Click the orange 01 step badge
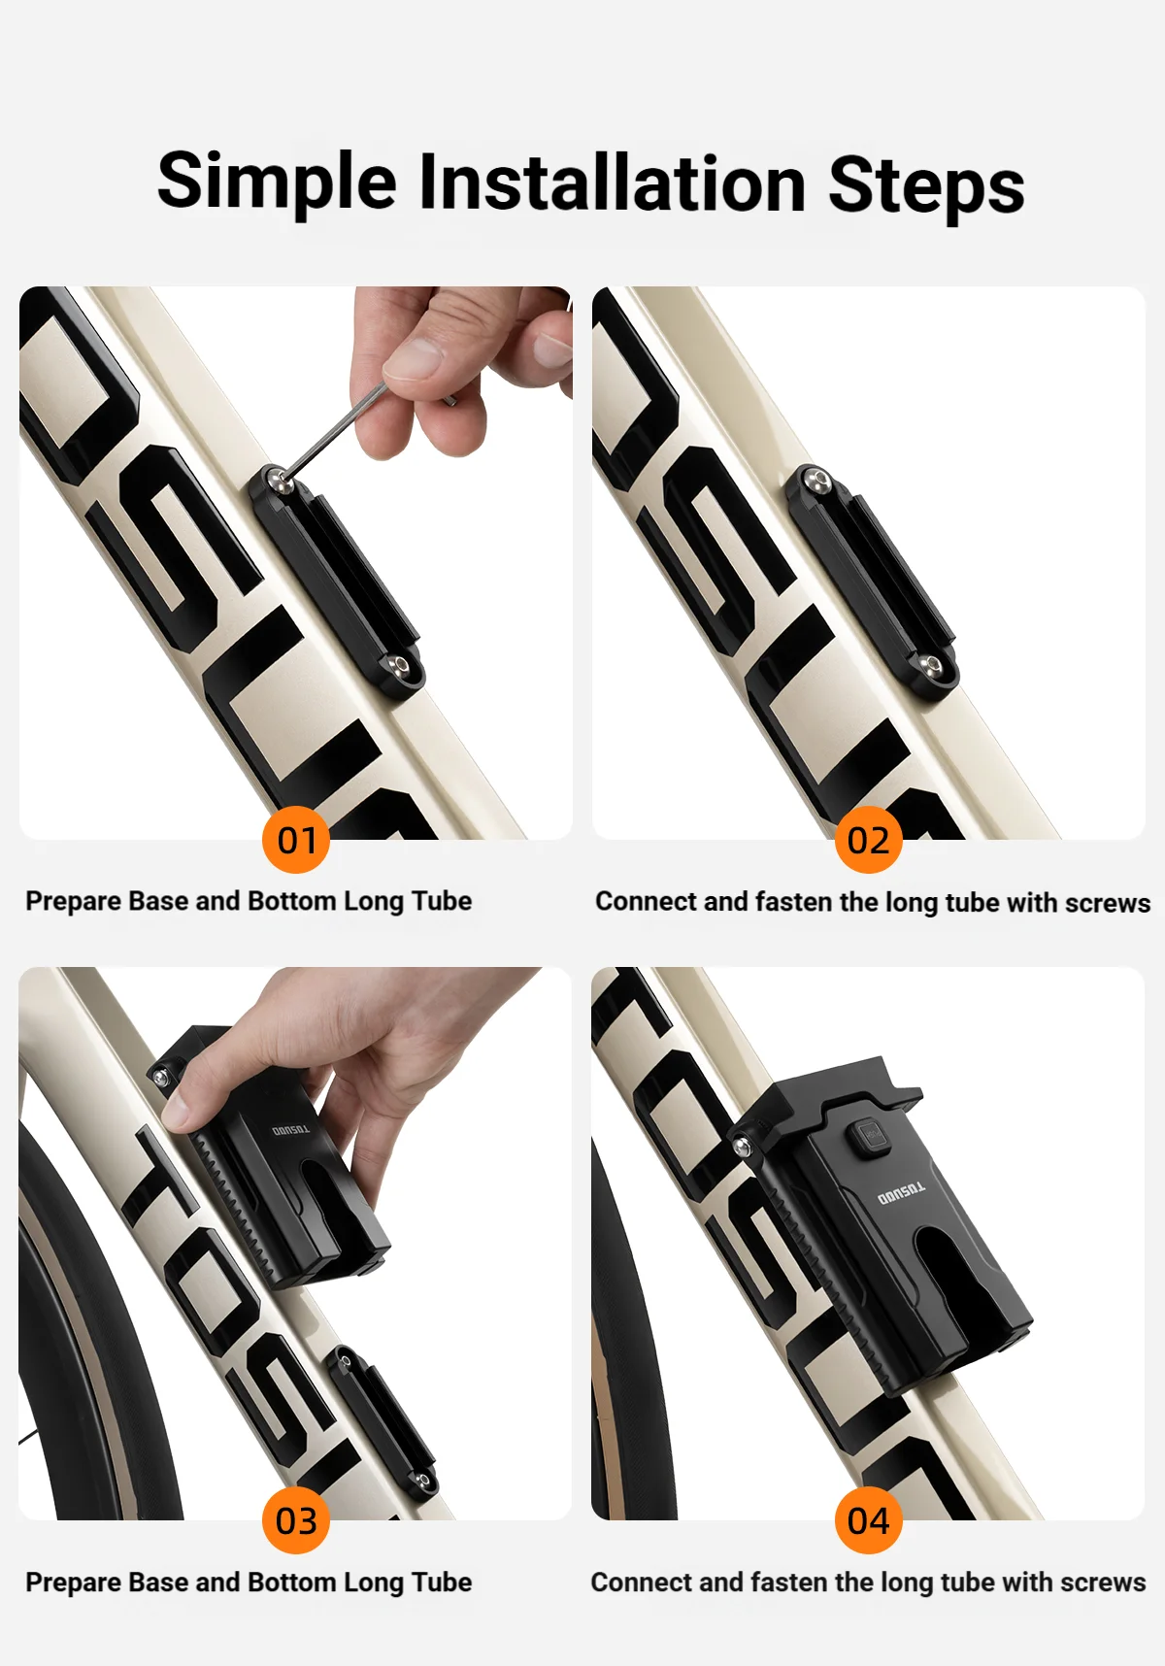coord(296,840)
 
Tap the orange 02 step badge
coord(869,840)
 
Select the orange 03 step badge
coord(296,1520)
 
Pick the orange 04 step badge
coord(869,1520)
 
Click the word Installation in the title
coord(612,183)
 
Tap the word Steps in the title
coord(926,186)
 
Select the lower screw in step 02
coord(933,665)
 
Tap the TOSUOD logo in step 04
coord(902,1194)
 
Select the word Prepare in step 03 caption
coord(73,1583)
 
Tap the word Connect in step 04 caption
coord(641,1583)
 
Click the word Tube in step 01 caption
coord(442,901)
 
